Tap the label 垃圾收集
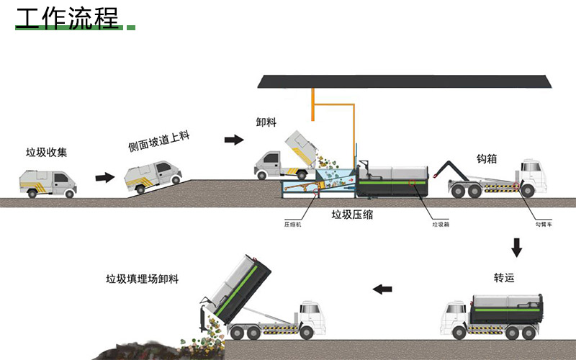[46, 152]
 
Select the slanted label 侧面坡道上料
[158, 141]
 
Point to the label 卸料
[266, 122]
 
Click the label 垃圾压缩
[352, 215]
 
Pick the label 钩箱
[487, 158]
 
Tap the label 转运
[504, 278]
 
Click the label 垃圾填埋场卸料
[142, 279]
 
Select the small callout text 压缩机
[292, 224]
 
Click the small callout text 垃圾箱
[441, 224]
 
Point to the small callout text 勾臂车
[544, 224]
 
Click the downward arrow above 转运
[516, 247]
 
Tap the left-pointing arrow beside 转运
[382, 289]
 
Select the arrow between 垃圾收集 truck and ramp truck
[105, 177]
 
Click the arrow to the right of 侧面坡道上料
[234, 140]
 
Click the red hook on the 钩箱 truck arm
[436, 174]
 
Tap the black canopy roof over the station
[405, 81]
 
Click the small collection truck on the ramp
[153, 176]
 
